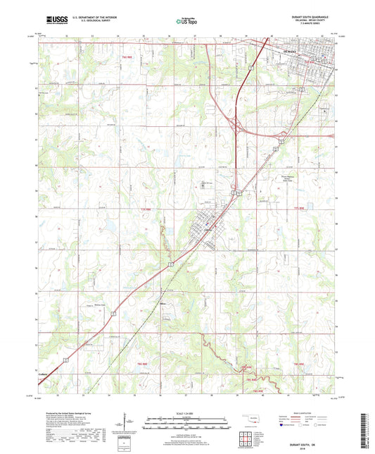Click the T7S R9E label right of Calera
pyautogui.click(x=298, y=209)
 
